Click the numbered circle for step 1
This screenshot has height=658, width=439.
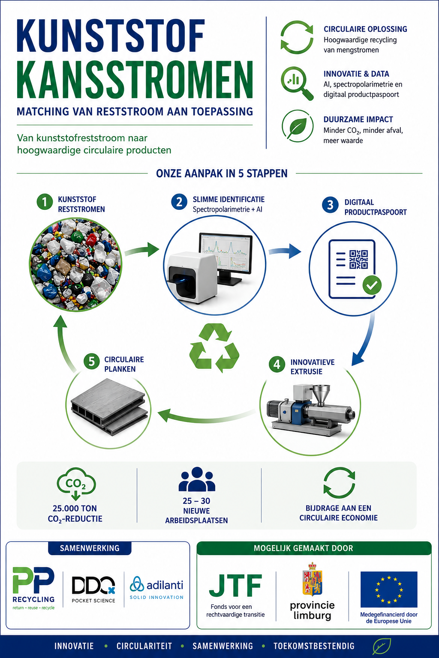(45, 202)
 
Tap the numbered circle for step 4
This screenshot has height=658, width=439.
(277, 364)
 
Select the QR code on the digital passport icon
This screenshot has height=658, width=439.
(358, 259)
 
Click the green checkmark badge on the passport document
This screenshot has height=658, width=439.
(372, 285)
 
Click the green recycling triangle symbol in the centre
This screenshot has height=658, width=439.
(214, 348)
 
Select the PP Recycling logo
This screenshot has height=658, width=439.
(33, 589)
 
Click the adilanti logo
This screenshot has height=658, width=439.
(156, 587)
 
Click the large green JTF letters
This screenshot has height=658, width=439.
(235, 586)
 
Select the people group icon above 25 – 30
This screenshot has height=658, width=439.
(197, 479)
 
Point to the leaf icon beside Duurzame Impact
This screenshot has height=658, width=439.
(297, 126)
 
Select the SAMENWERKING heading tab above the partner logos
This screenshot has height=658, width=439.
(90, 548)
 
